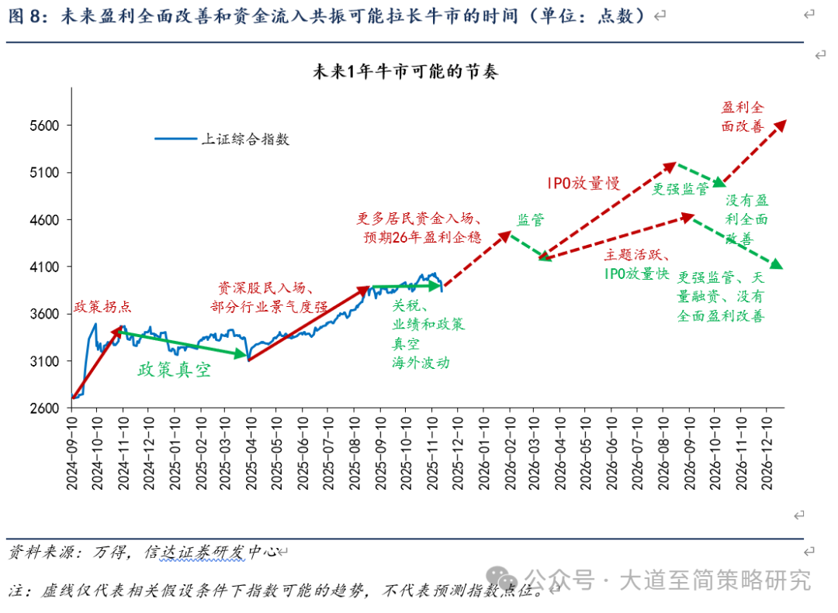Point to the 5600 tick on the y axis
[x=45, y=126]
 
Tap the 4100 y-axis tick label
[x=45, y=267]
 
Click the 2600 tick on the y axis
[x=45, y=408]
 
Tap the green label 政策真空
[x=174, y=370]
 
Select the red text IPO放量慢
[x=583, y=183]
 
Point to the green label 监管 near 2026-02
[x=531, y=220]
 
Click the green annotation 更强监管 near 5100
[x=680, y=188]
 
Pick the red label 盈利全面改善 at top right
[x=743, y=116]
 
